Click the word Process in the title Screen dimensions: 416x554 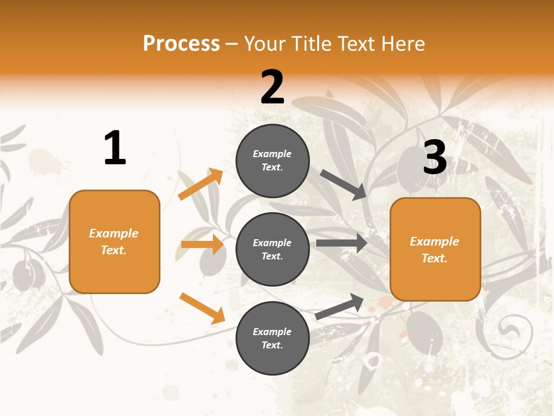pyautogui.click(x=181, y=43)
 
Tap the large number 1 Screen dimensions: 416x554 pyautogui.click(x=115, y=148)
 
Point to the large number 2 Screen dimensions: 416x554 pyautogui.click(x=272, y=88)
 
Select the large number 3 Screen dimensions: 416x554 pyautogui.click(x=435, y=158)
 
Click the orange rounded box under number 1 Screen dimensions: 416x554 pyautogui.click(x=114, y=242)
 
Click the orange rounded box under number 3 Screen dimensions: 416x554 pyautogui.click(x=435, y=250)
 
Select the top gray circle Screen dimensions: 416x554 pyautogui.click(x=272, y=161)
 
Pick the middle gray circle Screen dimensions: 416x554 pyautogui.click(x=272, y=250)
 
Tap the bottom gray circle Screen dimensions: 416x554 pyautogui.click(x=272, y=339)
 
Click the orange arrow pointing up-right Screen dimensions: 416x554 pyautogui.click(x=201, y=184)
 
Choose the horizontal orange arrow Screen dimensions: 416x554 pyautogui.click(x=202, y=244)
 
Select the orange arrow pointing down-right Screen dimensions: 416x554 pyautogui.click(x=202, y=308)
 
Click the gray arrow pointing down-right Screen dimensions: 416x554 pyautogui.click(x=344, y=185)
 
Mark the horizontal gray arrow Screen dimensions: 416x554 pyautogui.click(x=342, y=243)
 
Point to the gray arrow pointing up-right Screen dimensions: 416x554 pyautogui.click(x=340, y=306)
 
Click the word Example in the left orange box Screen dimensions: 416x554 pyautogui.click(x=114, y=233)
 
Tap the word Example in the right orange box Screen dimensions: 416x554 pyautogui.click(x=435, y=242)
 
